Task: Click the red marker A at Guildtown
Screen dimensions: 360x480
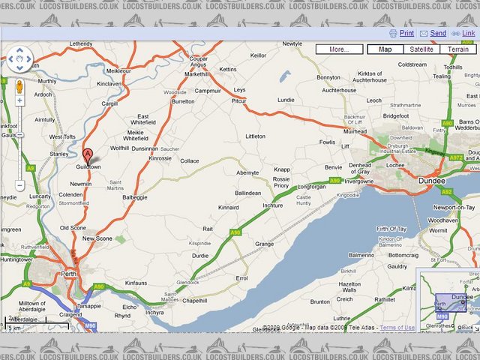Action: (88, 156)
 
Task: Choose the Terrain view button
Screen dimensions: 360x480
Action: (458, 49)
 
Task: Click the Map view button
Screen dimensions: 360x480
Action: (385, 49)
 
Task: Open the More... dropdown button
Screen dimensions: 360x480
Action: (339, 49)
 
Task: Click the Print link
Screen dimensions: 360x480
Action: (406, 34)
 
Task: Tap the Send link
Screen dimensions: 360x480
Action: (438, 34)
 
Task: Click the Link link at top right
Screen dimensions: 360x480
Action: (468, 34)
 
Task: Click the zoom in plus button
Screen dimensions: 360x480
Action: (19, 100)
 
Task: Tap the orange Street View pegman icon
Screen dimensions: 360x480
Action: (19, 84)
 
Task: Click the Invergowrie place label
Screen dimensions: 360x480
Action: (358, 181)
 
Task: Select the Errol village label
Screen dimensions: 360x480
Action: (241, 277)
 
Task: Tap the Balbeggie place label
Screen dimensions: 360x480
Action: (136, 197)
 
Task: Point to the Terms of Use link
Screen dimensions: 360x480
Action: (397, 328)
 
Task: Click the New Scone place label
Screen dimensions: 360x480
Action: (97, 238)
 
